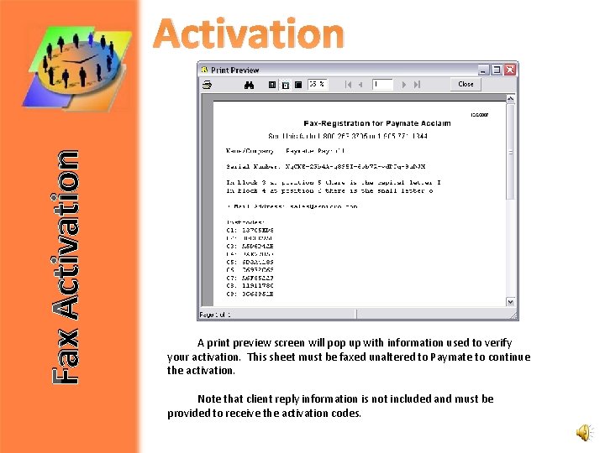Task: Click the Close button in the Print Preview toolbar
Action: [x=466, y=84]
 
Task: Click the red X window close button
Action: [x=510, y=70]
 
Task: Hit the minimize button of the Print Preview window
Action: [x=483, y=70]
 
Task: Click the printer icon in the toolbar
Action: [x=207, y=85]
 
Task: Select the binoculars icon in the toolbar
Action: [x=249, y=85]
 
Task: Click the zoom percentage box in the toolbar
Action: [x=317, y=84]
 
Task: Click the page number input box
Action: [x=382, y=84]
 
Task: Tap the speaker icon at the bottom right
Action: [x=584, y=432]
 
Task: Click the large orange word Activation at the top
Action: [x=250, y=35]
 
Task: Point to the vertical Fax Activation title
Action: [x=65, y=267]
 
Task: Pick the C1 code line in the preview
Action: [x=250, y=230]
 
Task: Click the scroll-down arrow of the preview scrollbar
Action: [x=511, y=302]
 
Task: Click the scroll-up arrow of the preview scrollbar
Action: [x=511, y=101]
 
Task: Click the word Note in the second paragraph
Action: [x=210, y=399]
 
